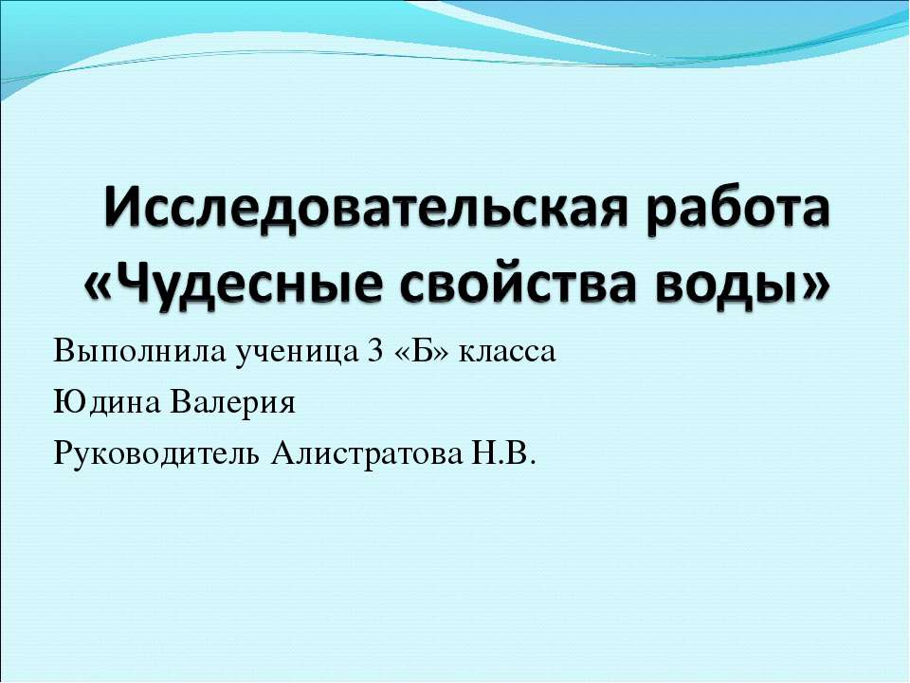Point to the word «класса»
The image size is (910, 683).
click(506, 355)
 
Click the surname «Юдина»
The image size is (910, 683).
click(105, 404)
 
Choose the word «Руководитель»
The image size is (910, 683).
click(155, 455)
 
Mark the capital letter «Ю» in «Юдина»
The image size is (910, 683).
click(65, 404)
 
